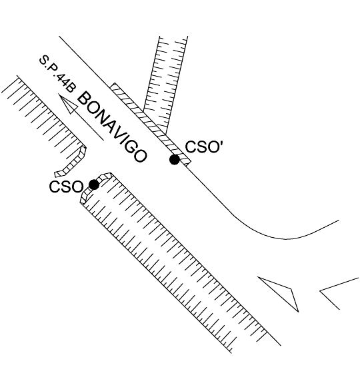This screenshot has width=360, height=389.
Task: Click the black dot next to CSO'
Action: (175, 159)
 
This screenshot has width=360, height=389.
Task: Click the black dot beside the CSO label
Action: (94, 185)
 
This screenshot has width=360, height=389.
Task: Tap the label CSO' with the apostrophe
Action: (203, 147)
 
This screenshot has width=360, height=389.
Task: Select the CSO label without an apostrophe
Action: (66, 187)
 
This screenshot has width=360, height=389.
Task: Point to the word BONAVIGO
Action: (112, 127)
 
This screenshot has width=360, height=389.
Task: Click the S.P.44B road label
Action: (57, 74)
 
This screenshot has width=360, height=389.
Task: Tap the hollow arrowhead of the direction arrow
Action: (68, 104)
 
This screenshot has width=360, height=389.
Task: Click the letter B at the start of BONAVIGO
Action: (84, 99)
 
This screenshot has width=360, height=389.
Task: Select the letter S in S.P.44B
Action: (44, 61)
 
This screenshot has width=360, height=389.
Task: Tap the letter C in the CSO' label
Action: (191, 147)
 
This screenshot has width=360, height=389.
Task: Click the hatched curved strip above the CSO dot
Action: (95, 187)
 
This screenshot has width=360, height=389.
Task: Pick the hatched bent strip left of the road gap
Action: (72, 162)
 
